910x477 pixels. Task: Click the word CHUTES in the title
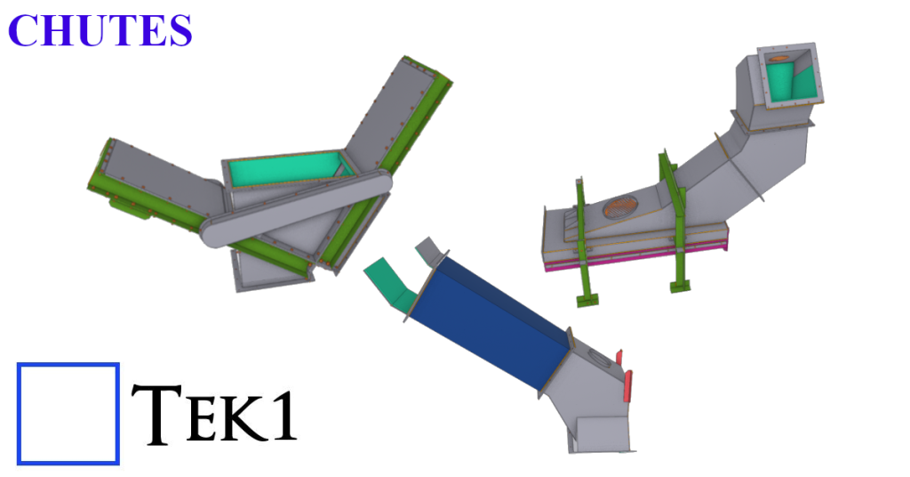pos(100,30)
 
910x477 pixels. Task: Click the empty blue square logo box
pos(68,413)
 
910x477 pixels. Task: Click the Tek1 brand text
pos(213,415)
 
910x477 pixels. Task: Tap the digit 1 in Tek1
pos(283,416)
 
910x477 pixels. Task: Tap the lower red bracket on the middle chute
pos(629,385)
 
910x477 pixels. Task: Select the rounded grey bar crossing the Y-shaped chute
pos(293,207)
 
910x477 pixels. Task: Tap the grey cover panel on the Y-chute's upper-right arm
pos(391,107)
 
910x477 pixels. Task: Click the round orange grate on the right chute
pos(621,206)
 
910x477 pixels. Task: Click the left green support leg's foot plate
pos(586,299)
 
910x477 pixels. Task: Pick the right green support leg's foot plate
pos(679,286)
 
